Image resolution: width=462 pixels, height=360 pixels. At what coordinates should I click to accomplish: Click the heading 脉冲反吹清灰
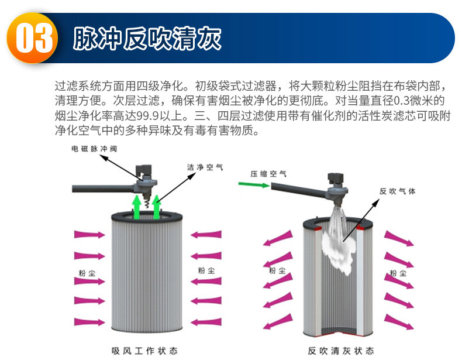(x=147, y=39)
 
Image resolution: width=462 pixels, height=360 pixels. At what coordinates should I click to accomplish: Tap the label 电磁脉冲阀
(x=94, y=149)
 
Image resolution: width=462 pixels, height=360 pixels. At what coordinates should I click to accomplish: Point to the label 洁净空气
(x=205, y=167)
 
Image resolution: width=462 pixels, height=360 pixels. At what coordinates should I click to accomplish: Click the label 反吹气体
(x=397, y=191)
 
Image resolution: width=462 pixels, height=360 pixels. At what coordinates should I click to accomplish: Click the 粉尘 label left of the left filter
(x=88, y=272)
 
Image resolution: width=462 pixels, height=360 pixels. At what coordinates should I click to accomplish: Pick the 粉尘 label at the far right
(x=398, y=273)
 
